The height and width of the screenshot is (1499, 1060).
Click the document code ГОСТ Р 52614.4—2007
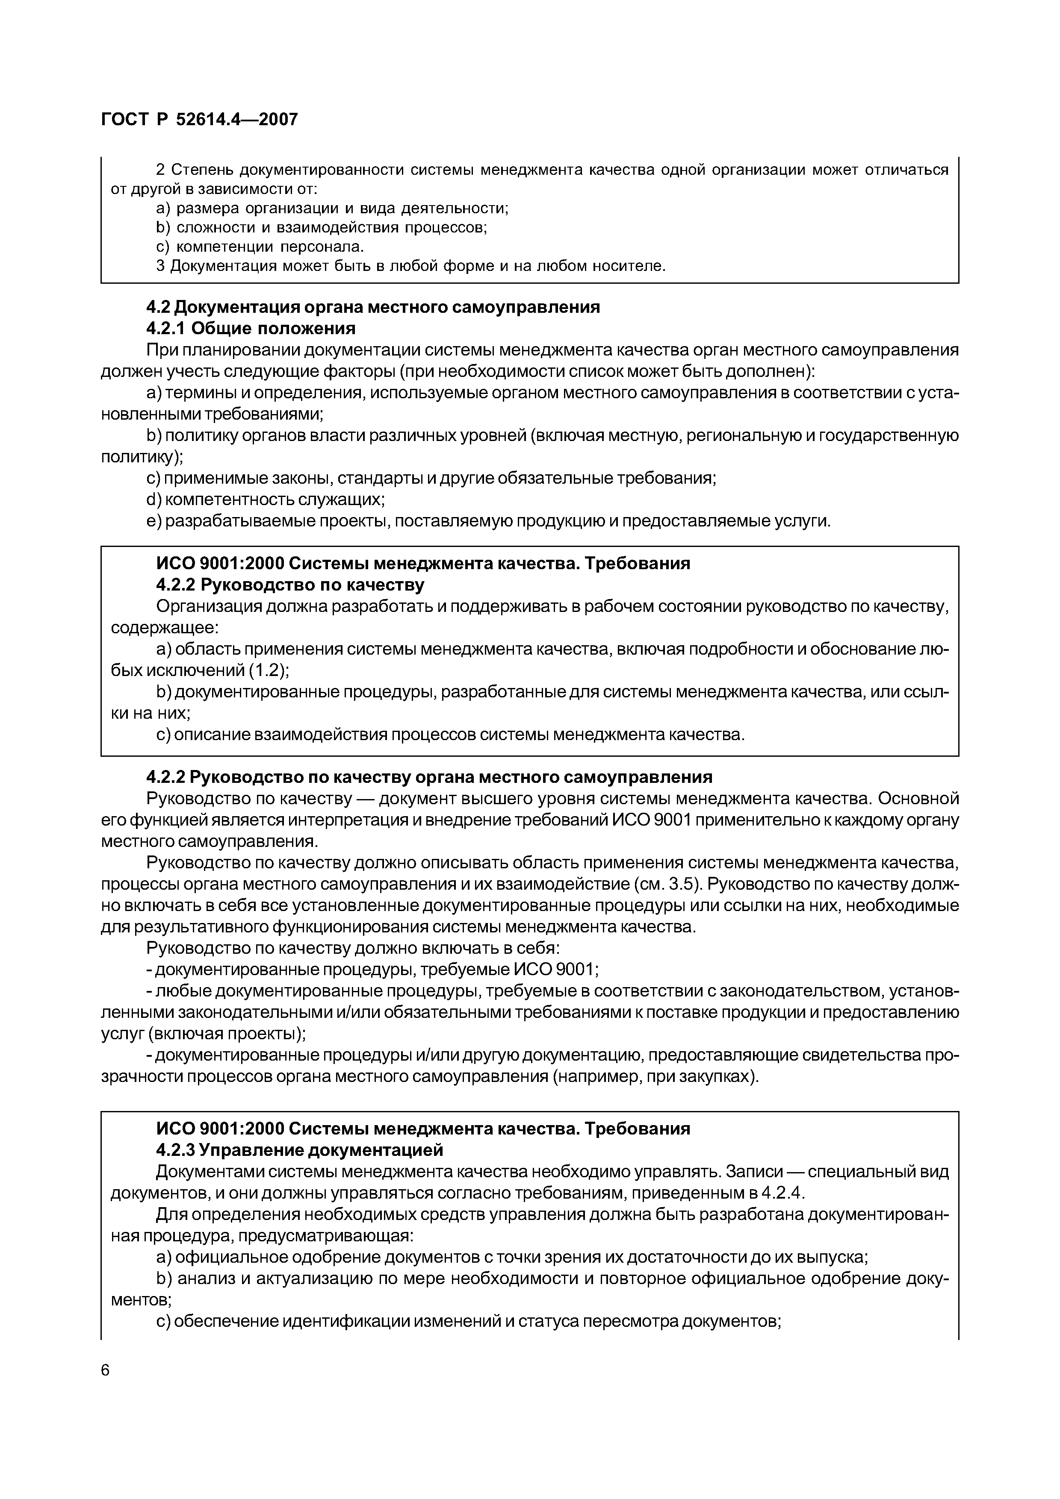coord(199,120)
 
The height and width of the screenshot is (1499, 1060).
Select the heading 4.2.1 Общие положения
coord(251,328)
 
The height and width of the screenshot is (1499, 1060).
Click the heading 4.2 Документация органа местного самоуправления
coord(372,307)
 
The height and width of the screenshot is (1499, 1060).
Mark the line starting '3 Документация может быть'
coord(411,266)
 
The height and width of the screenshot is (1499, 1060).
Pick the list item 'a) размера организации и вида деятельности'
coord(332,208)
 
